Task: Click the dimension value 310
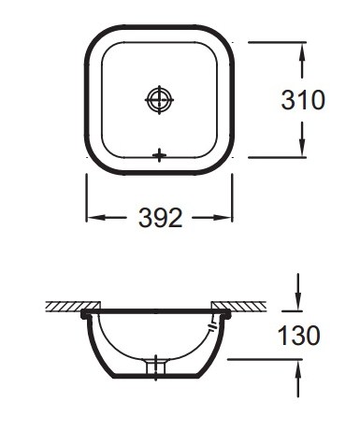pos(303,100)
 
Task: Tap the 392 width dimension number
pos(160,218)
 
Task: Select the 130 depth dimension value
pos(298,335)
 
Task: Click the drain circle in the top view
pos(159,100)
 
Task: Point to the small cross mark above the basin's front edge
pos(159,155)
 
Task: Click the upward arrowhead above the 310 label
pos(302,51)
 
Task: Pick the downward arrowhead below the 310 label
pos(302,148)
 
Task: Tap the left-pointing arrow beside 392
pos(106,218)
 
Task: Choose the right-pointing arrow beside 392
pos(212,218)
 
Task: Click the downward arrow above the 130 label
pos(298,293)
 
